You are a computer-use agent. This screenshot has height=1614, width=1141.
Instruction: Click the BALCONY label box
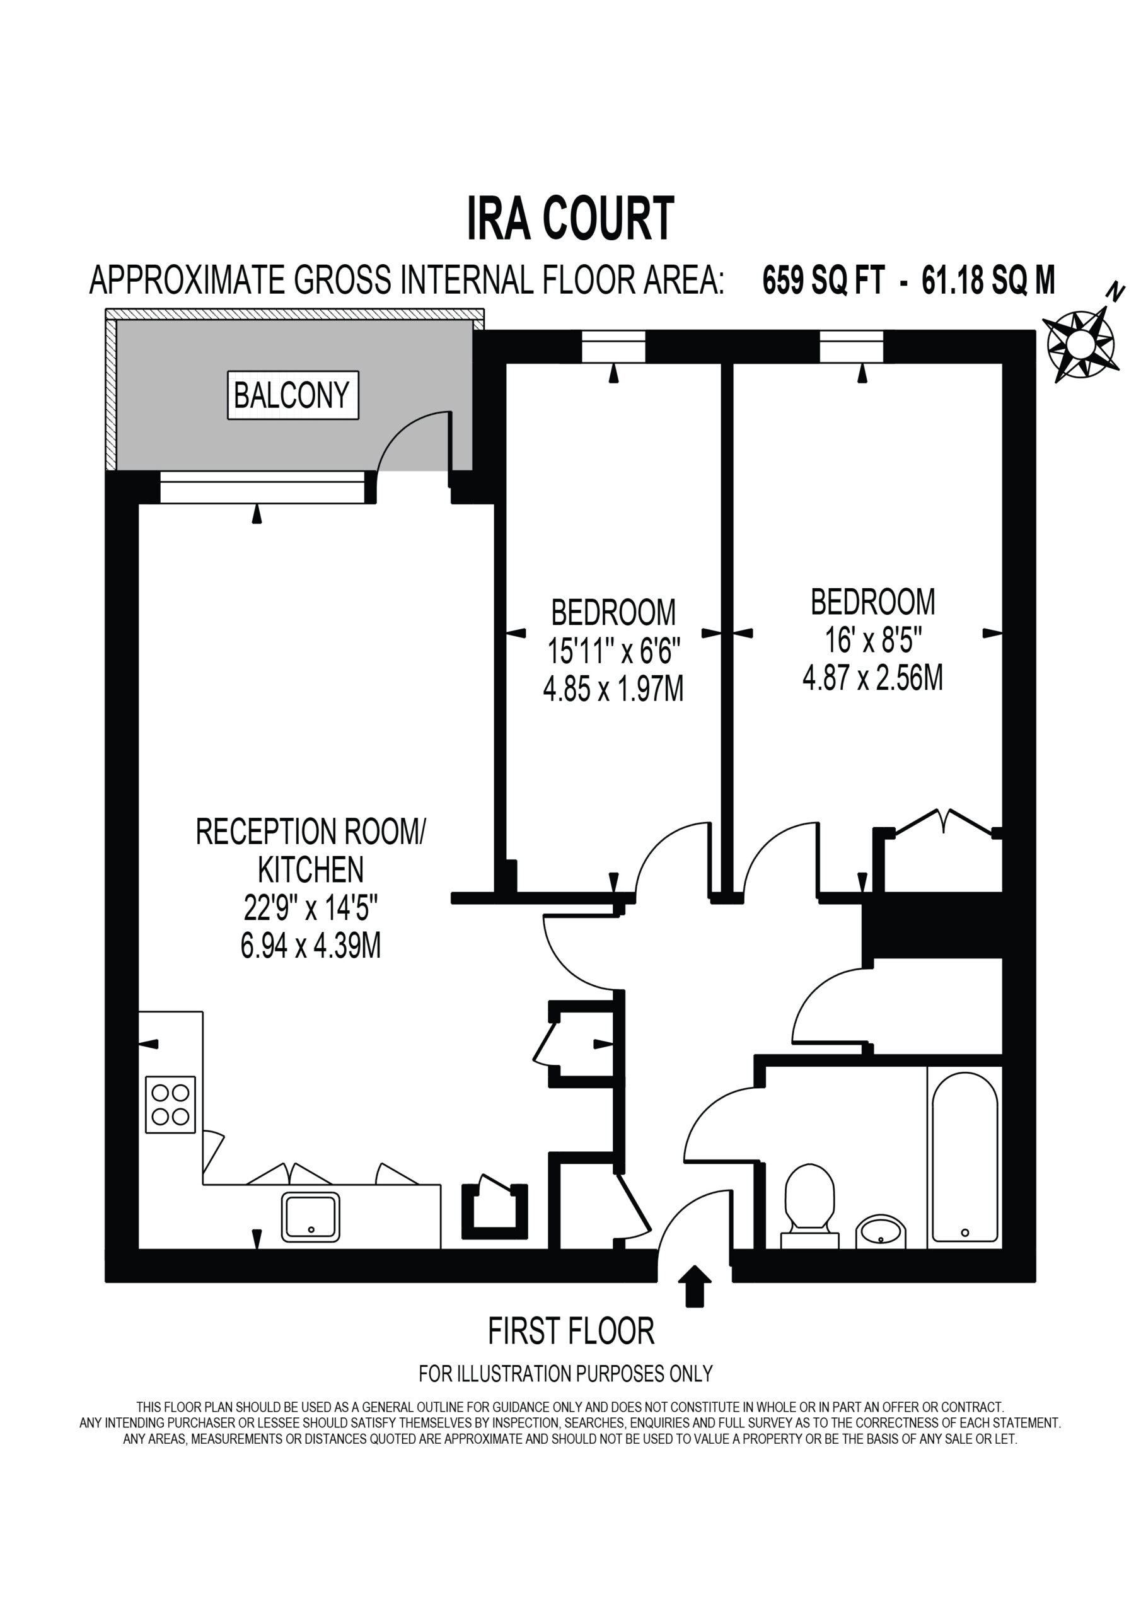point(292,395)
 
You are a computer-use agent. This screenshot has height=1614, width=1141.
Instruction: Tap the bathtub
point(964,1158)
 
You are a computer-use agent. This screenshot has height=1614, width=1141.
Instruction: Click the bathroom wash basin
point(881,1231)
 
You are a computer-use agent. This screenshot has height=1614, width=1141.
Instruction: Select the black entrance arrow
point(695,1286)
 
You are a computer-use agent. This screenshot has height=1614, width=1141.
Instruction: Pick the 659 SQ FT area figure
point(823,281)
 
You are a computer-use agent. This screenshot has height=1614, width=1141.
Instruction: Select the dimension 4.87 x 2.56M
point(872,678)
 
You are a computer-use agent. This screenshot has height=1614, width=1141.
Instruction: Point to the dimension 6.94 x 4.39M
point(311,946)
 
